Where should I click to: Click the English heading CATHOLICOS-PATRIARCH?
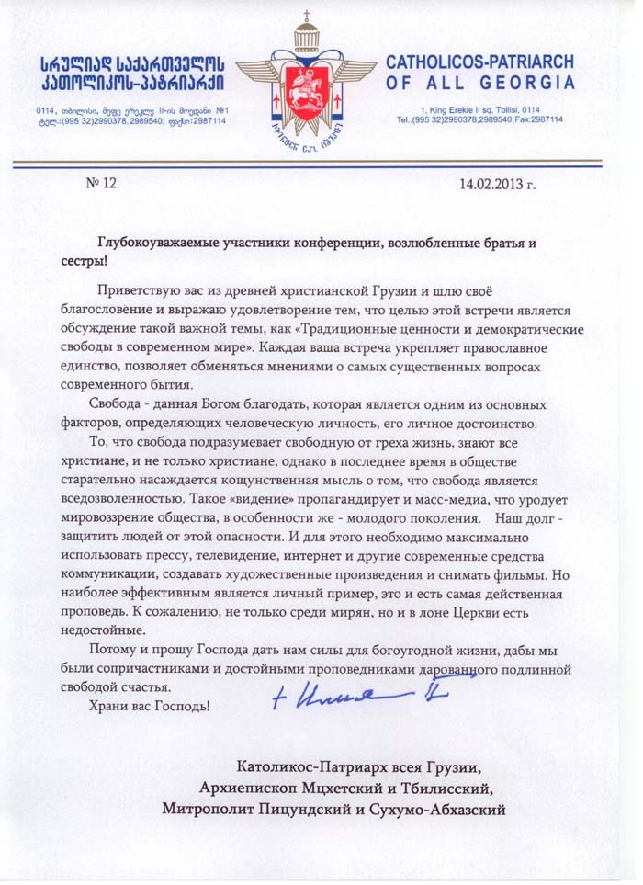coord(479,62)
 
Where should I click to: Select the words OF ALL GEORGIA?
coord(479,83)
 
